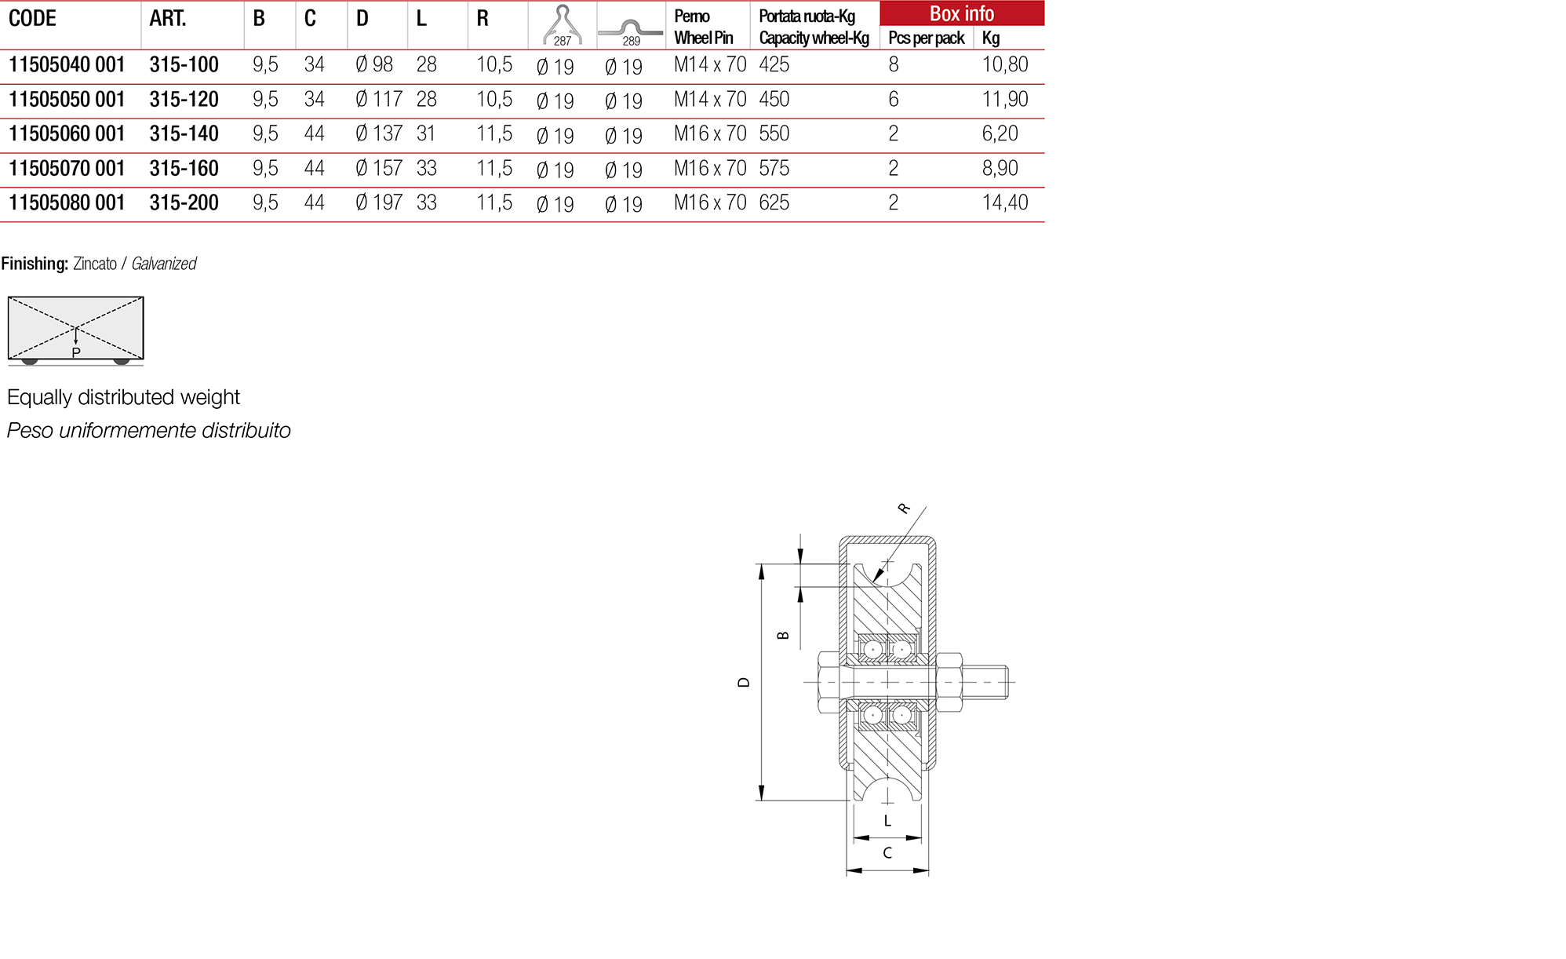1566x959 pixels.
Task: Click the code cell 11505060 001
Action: tap(67, 134)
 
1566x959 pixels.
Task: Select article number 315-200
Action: tap(184, 203)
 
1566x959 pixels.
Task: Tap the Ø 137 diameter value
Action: tap(378, 134)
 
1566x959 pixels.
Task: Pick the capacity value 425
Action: tap(774, 65)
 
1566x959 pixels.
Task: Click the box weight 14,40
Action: tap(1004, 203)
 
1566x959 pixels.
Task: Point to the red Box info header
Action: tap(961, 13)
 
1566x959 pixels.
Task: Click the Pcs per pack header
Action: tap(926, 38)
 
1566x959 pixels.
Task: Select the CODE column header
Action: tap(32, 19)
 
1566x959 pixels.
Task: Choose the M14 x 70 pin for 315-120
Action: tap(709, 100)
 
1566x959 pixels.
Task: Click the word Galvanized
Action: tap(163, 264)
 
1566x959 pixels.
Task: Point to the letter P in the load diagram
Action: tap(76, 353)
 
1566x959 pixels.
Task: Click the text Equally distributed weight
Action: tap(123, 397)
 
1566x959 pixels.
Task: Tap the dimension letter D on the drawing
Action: tap(744, 683)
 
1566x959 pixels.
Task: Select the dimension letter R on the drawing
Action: tap(904, 509)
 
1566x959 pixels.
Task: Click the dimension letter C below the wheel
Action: tap(887, 853)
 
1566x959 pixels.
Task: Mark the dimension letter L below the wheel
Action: tap(887, 821)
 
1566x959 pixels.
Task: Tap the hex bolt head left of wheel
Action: tap(829, 682)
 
